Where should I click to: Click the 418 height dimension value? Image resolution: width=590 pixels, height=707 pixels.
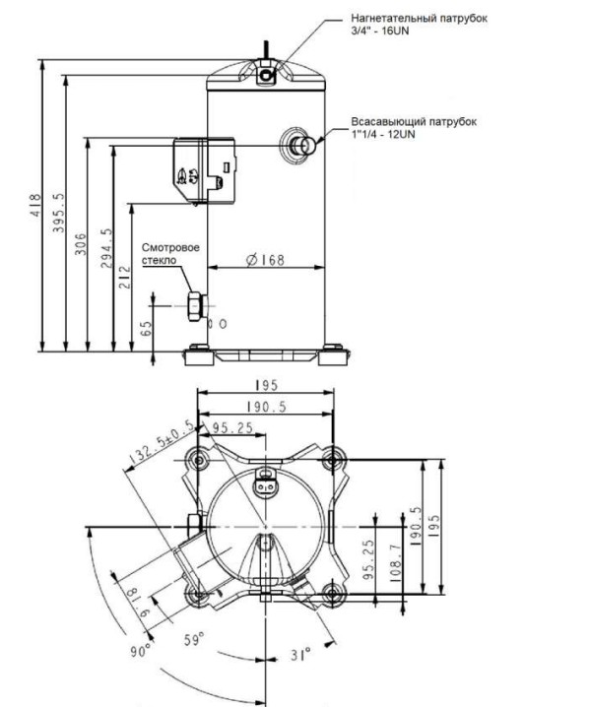coord(35,206)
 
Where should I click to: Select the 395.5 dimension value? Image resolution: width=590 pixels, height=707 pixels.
coord(59,214)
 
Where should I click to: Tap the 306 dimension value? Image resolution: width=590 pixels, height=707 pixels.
coord(81,244)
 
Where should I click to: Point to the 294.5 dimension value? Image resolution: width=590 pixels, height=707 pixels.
coord(107,248)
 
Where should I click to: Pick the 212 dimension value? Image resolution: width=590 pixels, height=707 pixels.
coord(125,278)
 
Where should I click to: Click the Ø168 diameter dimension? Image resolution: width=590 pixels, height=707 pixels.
coord(265,260)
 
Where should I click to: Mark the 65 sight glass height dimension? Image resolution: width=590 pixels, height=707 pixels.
coord(146,328)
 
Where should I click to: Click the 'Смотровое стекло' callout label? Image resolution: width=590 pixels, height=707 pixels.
coord(170,254)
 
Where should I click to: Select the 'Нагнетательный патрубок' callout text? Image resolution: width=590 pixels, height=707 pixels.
coord(419,19)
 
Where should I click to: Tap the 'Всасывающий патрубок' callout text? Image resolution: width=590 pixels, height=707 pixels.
coord(414,122)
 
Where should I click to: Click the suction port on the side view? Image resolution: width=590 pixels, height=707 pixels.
coord(300,145)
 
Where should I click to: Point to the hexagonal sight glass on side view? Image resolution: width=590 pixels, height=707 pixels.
coord(196,306)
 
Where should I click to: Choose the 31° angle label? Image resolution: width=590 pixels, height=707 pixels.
coord(300,654)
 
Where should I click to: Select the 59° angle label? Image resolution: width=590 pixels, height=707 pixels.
coord(194,639)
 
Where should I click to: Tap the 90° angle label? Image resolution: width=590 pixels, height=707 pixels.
coord(141,651)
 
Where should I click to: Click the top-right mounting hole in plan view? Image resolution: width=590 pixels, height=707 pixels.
coord(332,461)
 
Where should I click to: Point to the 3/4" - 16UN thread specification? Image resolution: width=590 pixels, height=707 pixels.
coord(380,32)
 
